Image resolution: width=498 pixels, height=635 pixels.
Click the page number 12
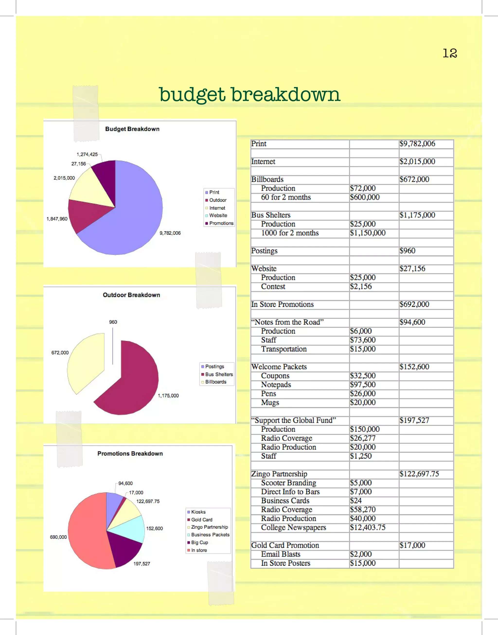tap(450, 53)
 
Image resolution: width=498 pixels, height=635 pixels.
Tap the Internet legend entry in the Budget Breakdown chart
tap(217, 208)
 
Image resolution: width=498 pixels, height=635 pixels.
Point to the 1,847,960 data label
tap(57, 219)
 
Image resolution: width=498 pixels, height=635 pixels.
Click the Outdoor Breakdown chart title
tap(131, 295)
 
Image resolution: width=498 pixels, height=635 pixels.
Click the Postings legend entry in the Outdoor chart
tap(214, 367)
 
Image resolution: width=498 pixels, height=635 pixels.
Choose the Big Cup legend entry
tap(199, 542)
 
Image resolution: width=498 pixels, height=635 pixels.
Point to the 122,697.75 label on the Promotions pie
tap(148, 501)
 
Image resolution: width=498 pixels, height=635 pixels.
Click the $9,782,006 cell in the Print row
tap(417, 144)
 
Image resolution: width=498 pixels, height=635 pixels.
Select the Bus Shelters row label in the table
tap(271, 215)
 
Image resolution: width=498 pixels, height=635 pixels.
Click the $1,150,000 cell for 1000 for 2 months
tap(368, 233)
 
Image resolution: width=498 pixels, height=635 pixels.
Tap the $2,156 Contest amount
tap(361, 286)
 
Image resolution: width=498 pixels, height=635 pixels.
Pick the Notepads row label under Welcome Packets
tap(276, 385)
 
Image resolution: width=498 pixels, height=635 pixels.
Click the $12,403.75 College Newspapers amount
tap(368, 528)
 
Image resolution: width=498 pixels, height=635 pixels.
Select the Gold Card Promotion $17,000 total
tap(412, 545)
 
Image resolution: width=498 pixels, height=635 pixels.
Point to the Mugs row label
tap(270, 403)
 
